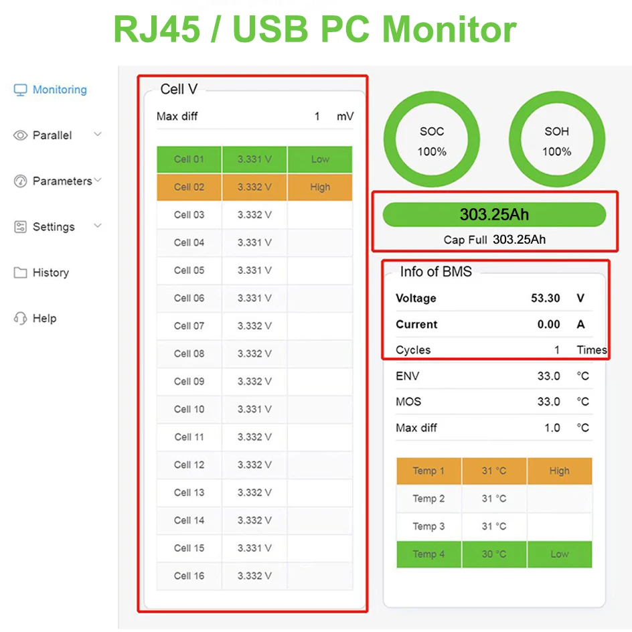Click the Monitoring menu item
pyautogui.click(x=59, y=90)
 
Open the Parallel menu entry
pyautogui.click(x=52, y=135)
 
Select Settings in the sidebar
pyautogui.click(x=53, y=227)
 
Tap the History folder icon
pyautogui.click(x=21, y=272)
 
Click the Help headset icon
pyautogui.click(x=21, y=319)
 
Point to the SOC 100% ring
pyautogui.click(x=432, y=141)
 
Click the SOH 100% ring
pyautogui.click(x=556, y=141)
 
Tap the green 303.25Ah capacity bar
pyautogui.click(x=494, y=215)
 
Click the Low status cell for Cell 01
pyautogui.click(x=320, y=159)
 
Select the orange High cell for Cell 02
pyautogui.click(x=320, y=187)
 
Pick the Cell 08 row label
pyautogui.click(x=189, y=353)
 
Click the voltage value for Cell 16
pyautogui.click(x=254, y=576)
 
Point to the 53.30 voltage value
pyautogui.click(x=545, y=299)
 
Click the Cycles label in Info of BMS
pyautogui.click(x=413, y=350)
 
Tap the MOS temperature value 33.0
pyautogui.click(x=548, y=402)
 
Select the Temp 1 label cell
pyautogui.click(x=428, y=471)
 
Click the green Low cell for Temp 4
pyautogui.click(x=560, y=554)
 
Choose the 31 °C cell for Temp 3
pyautogui.click(x=494, y=526)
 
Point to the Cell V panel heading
pyautogui.click(x=179, y=89)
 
